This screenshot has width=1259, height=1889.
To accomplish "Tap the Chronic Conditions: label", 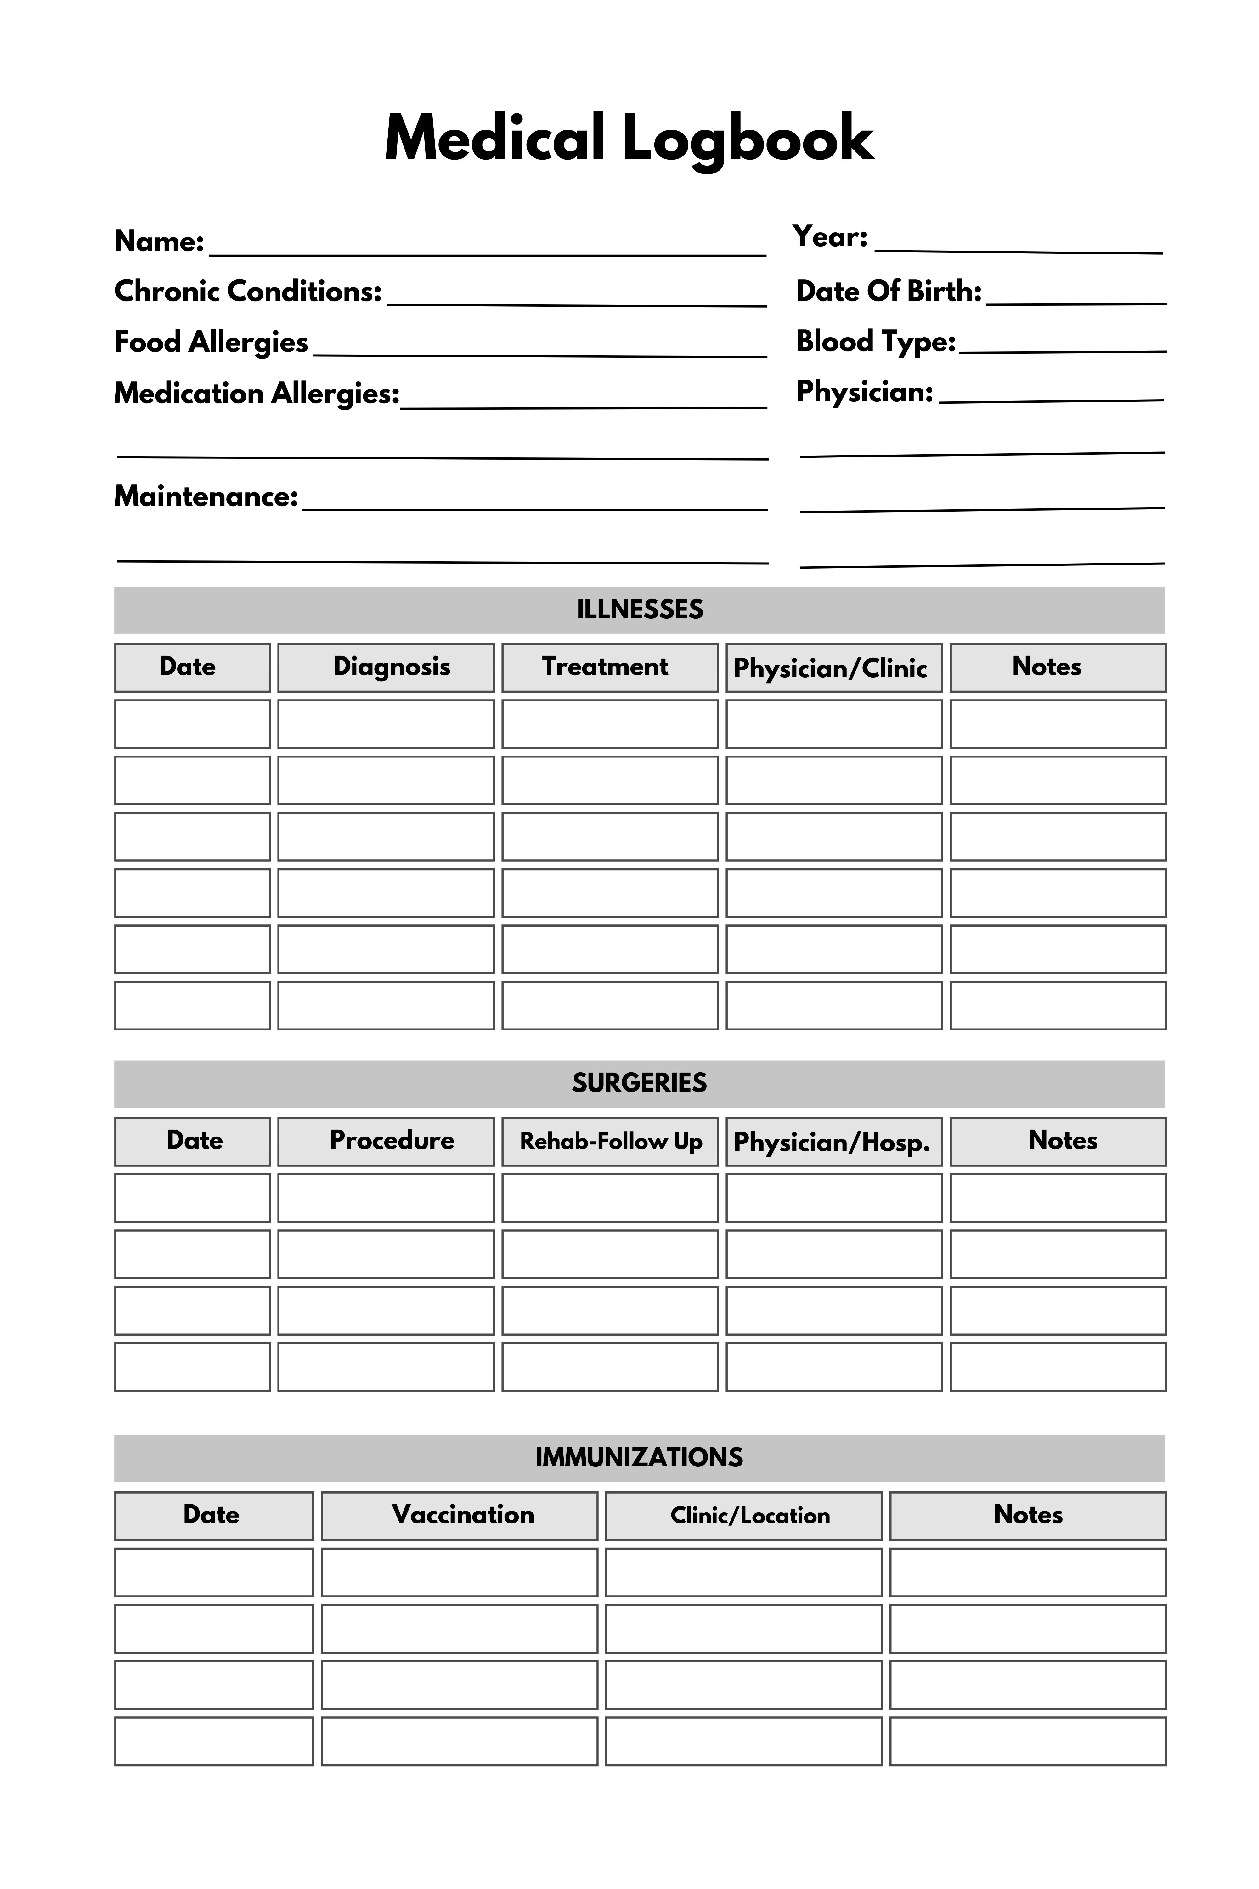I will point(247,291).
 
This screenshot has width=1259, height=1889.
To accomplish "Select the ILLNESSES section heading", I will point(639,610).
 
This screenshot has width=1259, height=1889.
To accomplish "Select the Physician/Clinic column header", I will point(830,668).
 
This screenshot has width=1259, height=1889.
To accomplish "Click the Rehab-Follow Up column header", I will point(611,1141).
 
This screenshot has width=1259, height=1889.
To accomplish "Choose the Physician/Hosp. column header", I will point(832,1142).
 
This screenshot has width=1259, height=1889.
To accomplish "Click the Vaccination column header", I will point(462,1515).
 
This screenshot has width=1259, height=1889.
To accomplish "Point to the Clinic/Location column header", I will point(750,1516).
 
